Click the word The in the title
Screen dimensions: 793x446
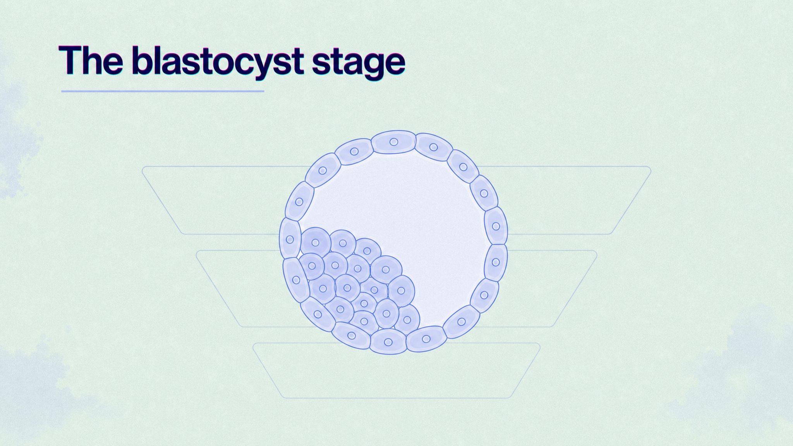click(x=91, y=60)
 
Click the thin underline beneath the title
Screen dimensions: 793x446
click(x=163, y=91)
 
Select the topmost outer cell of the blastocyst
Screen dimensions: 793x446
click(x=393, y=142)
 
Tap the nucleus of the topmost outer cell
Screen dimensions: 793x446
click(x=394, y=142)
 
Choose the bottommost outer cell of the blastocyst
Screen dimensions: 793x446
click(x=388, y=342)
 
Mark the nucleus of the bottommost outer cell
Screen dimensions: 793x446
click(x=388, y=342)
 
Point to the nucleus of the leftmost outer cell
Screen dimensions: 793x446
click(x=290, y=240)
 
